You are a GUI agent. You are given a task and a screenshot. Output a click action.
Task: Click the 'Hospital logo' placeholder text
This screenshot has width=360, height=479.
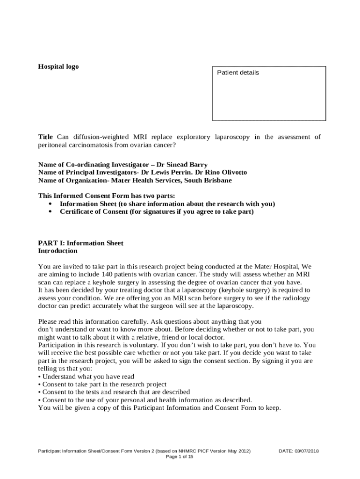(58, 66)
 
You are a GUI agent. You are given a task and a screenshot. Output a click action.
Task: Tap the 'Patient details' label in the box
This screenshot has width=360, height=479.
(238, 73)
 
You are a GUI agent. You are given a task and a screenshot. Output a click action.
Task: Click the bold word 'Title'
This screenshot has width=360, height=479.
(45, 137)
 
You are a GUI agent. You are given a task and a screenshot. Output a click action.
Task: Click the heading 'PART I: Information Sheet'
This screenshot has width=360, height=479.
(80, 243)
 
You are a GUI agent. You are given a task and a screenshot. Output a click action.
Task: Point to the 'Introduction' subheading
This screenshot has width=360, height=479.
(58, 251)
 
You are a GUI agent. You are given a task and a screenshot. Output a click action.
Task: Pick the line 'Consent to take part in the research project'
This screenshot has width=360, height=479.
(104, 384)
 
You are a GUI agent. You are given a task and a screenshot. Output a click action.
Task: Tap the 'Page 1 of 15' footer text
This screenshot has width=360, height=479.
(180, 457)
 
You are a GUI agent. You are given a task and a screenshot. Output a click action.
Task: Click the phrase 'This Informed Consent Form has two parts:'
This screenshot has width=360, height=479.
(107, 196)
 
